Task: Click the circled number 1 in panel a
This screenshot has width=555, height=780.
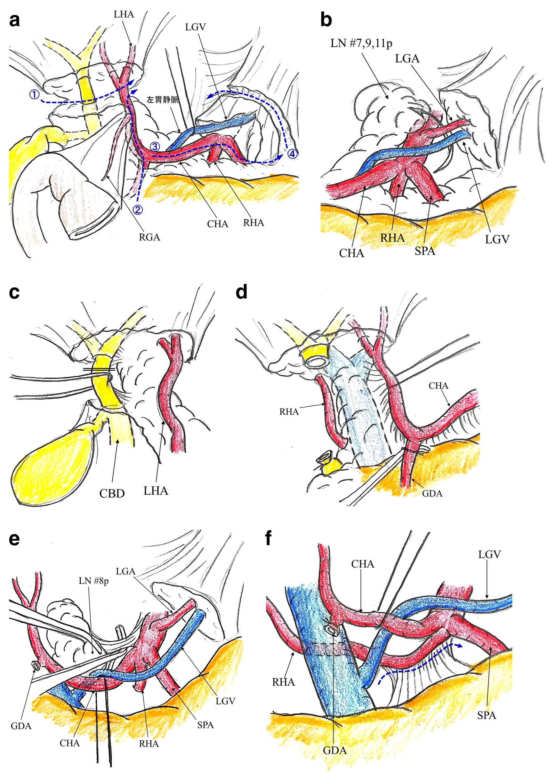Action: tap(34, 94)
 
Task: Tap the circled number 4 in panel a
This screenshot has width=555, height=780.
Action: tap(292, 153)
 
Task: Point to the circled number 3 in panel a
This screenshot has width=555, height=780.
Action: tap(155, 146)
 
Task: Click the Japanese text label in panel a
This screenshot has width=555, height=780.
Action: tap(163, 100)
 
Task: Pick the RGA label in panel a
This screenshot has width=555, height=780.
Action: tap(149, 237)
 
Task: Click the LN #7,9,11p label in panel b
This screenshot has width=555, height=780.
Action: tap(361, 43)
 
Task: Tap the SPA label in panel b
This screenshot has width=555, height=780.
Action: tap(425, 251)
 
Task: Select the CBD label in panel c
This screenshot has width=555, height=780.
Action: tap(112, 493)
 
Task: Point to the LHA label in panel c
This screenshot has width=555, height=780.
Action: tap(155, 491)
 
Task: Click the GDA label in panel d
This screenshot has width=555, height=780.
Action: tap(432, 493)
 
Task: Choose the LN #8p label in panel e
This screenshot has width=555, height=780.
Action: tap(94, 581)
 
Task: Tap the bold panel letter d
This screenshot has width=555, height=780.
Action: tap(241, 292)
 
